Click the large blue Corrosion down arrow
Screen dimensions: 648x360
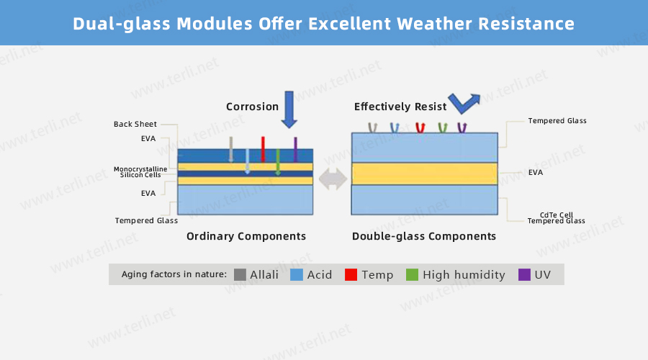coord(289,109)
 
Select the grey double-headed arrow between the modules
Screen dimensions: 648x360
coord(333,179)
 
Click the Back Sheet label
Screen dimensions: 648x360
coord(135,124)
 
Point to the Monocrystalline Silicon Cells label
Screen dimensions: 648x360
coord(140,172)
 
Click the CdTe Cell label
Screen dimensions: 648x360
coord(557,215)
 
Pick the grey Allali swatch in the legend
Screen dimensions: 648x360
coord(240,274)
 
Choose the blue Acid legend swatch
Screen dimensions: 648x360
coord(297,274)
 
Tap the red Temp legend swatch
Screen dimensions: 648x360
coord(351,274)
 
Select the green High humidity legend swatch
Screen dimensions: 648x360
coord(412,274)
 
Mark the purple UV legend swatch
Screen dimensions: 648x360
coord(524,274)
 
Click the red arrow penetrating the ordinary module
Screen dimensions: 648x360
coord(263,149)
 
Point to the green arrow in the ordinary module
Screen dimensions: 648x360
coord(278,162)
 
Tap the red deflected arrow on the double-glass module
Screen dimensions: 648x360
coord(420,127)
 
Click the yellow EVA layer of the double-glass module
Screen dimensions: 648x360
coord(424,174)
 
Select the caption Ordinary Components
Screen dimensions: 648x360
coord(246,236)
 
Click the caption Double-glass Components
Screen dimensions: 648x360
coord(424,236)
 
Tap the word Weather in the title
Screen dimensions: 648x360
coord(434,24)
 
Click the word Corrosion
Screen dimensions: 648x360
coord(252,107)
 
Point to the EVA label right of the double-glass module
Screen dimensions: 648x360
coord(536,172)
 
